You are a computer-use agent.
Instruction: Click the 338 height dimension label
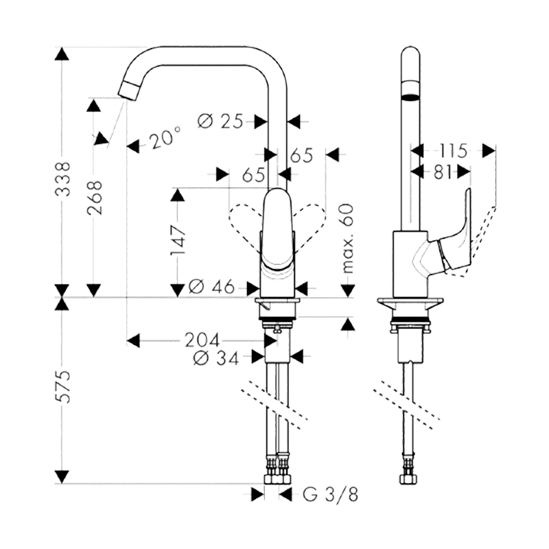tap(63, 178)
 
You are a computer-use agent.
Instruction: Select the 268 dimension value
tap(95, 198)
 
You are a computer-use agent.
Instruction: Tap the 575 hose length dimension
tap(63, 386)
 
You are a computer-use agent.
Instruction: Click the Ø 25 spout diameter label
tap(220, 121)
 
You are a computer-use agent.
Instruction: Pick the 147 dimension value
tap(178, 241)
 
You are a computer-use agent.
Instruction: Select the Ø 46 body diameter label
tap(211, 287)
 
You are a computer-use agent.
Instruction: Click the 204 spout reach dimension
tap(202, 340)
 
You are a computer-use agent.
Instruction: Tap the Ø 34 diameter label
tap(216, 358)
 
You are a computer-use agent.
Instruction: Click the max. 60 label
tap(348, 238)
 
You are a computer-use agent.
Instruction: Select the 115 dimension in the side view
tap(453, 151)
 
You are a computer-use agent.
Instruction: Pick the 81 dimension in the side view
tap(443, 172)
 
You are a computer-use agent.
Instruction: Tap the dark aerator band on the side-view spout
tap(410, 96)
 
